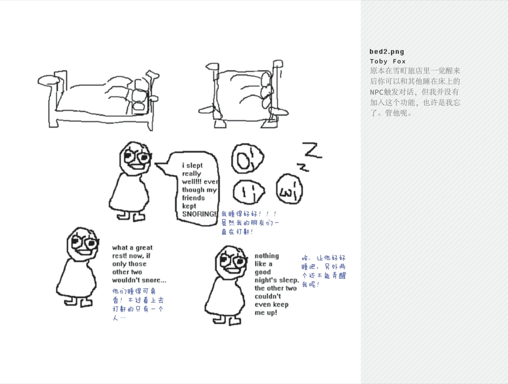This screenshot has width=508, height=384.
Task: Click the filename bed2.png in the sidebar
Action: click(x=387, y=52)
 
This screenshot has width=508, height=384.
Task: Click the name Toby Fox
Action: click(x=388, y=61)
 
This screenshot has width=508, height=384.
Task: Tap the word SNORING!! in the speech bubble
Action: click(x=200, y=214)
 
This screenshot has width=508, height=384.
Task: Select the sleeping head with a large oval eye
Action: click(x=248, y=158)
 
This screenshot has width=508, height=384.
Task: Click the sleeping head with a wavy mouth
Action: click(x=289, y=189)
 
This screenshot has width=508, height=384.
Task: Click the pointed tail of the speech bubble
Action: click(x=155, y=164)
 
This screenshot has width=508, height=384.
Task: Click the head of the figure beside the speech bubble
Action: click(x=136, y=159)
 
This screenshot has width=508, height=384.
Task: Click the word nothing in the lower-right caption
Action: click(x=267, y=256)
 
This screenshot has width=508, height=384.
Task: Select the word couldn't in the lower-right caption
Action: click(x=268, y=296)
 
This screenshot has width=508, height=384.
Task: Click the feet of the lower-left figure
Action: click(x=78, y=302)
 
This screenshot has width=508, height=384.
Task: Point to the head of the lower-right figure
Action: click(x=231, y=262)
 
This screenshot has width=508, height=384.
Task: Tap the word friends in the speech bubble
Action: click(x=194, y=198)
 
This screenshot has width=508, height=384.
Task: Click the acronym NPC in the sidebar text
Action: click(x=377, y=92)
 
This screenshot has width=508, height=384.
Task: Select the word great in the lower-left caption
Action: click(x=144, y=248)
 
